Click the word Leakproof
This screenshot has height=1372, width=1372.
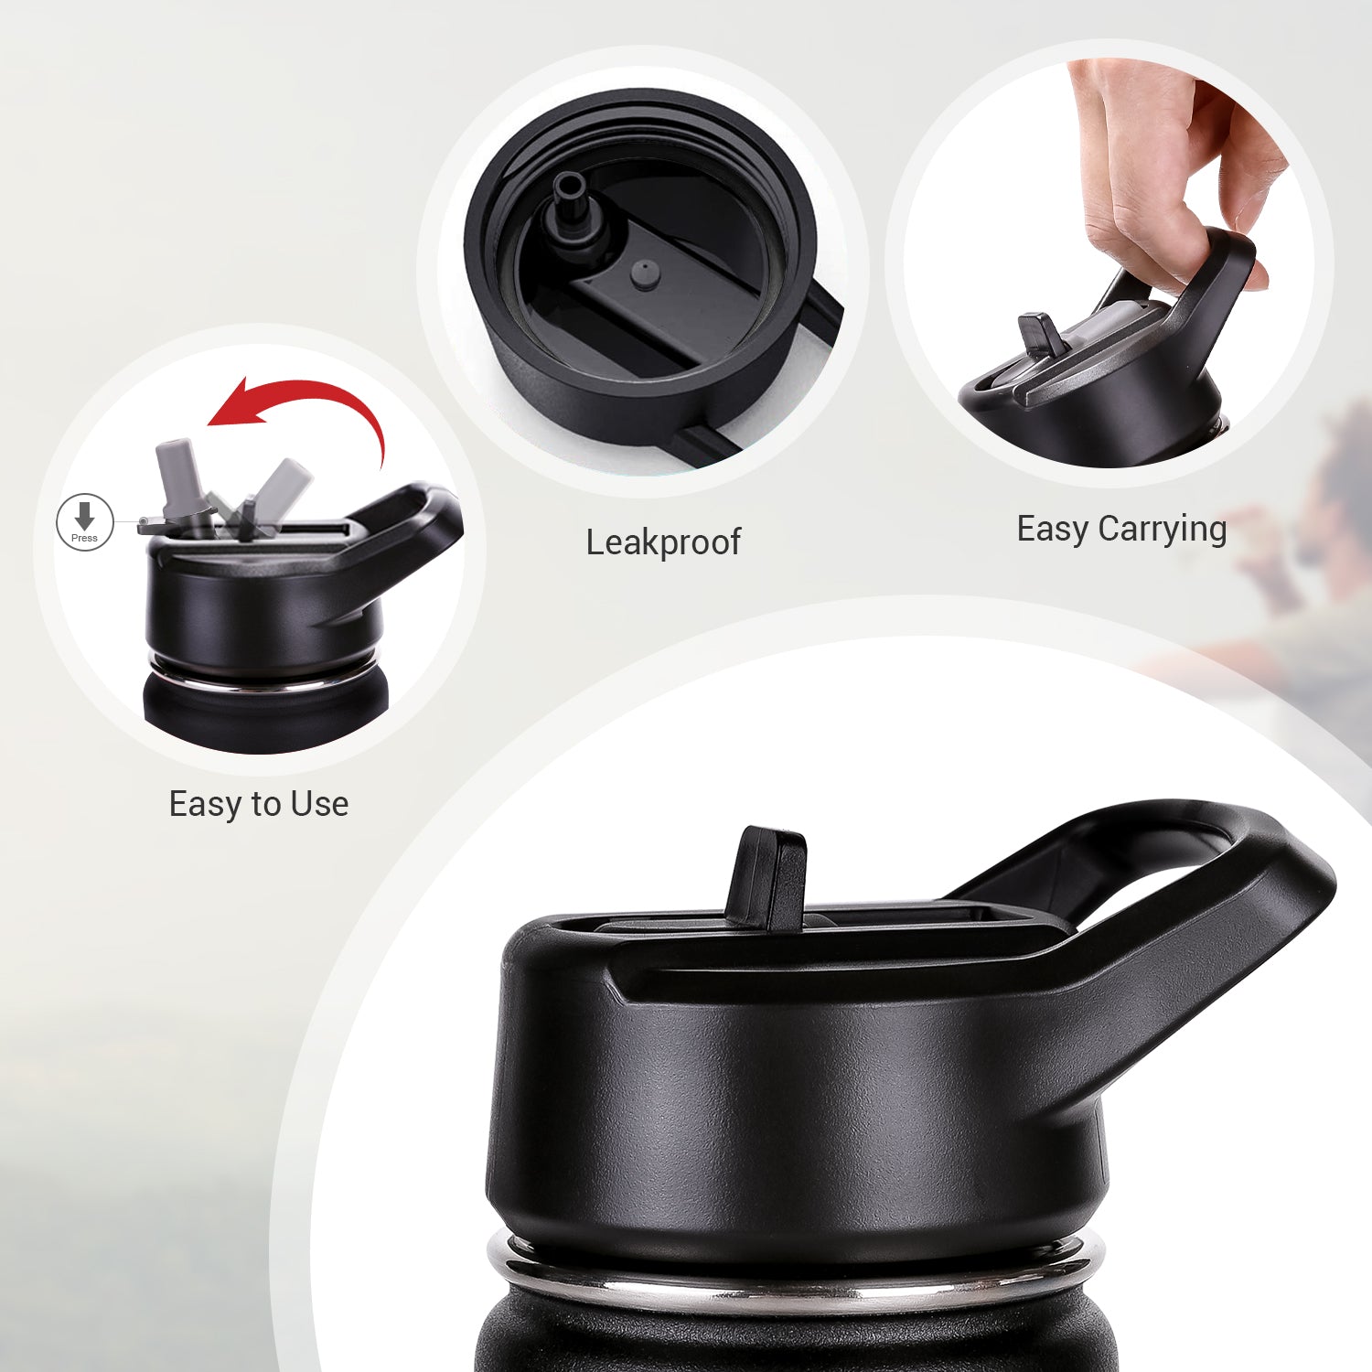(663, 541)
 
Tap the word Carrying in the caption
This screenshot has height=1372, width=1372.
(1163, 531)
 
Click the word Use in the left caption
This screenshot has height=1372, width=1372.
(319, 804)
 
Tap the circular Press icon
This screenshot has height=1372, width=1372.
(84, 523)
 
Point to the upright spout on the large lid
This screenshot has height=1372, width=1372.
(768, 878)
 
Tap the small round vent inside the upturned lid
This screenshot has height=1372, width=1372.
(646, 273)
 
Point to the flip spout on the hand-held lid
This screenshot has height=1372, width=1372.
(1040, 335)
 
